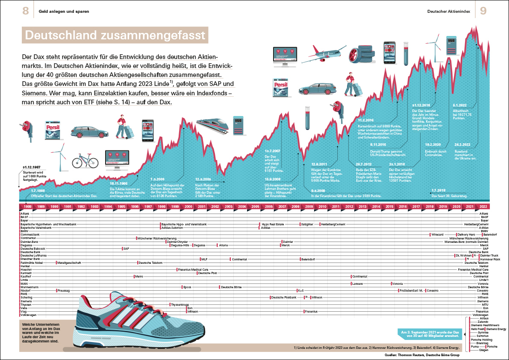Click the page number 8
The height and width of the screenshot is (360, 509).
click(x=26, y=11)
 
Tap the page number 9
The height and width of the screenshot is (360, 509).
click(x=484, y=11)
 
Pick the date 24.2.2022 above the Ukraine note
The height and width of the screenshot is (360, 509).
click(x=463, y=145)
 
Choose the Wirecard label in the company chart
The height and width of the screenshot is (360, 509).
click(x=437, y=234)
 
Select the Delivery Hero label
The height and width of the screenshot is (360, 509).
click(x=467, y=234)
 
